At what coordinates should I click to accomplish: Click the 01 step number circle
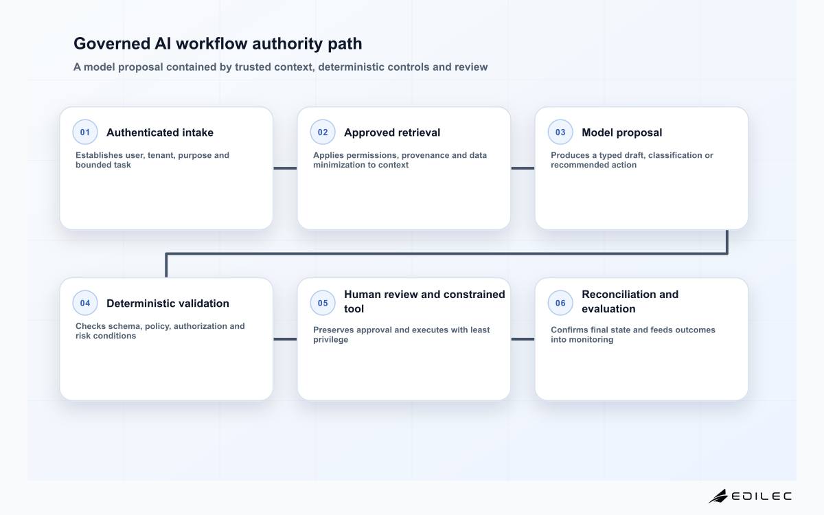coord(85,132)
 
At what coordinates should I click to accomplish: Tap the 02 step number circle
coord(323,132)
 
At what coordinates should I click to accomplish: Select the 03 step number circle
coord(560,132)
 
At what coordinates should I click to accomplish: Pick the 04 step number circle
coord(85,303)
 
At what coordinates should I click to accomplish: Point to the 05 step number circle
coord(323,303)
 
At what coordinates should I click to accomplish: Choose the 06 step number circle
coord(560,303)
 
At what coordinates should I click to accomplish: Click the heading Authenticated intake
coord(160,133)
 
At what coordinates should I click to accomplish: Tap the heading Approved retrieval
coord(392,133)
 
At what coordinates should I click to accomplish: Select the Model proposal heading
coord(621,133)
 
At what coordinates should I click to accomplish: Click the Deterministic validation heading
coord(168,304)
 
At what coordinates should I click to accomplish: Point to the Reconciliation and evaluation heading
coord(630,301)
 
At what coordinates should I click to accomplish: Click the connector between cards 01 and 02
coord(285,168)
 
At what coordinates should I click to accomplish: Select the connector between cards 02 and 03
coord(523,168)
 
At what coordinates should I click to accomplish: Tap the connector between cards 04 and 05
coord(285,339)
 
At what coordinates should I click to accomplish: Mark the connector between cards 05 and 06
coord(523,339)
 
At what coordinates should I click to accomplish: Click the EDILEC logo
coord(750,496)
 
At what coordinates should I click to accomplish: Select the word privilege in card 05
coord(331,339)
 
